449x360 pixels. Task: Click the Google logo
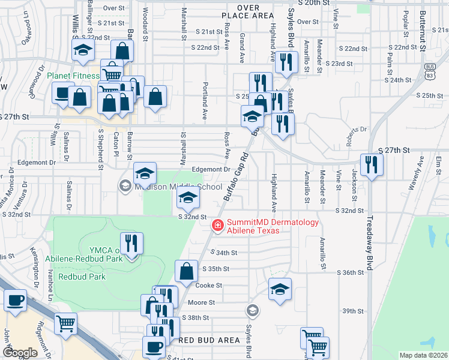pos(20,353)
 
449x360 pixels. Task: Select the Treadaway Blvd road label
pos(370,242)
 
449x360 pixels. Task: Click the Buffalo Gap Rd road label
pos(236,177)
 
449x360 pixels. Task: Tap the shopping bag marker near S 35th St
pos(187,271)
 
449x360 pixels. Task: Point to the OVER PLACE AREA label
pos(247,11)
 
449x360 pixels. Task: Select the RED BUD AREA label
pos(209,340)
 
